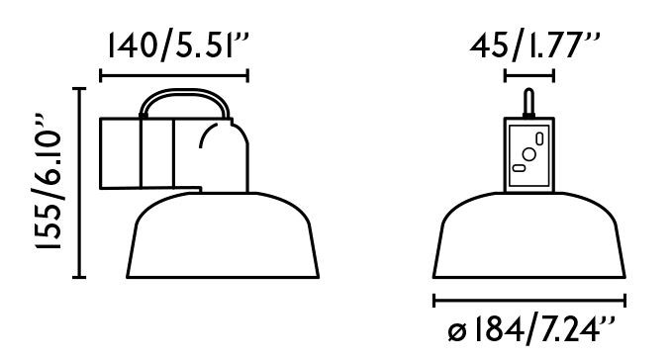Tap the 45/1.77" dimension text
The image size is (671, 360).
534,46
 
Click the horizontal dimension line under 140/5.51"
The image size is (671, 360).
174,75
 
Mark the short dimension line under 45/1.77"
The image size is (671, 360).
529,75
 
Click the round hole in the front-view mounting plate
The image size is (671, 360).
530,155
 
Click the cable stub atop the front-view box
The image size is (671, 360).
529,103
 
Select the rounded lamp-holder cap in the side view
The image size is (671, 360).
220,153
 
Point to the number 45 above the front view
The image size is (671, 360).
489,46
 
